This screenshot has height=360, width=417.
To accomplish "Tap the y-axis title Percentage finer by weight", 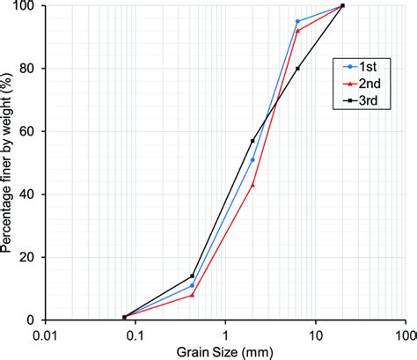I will click(x=8, y=163).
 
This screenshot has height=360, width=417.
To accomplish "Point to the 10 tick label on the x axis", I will click(x=316, y=334).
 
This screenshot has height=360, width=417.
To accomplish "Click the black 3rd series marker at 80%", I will click(x=297, y=69).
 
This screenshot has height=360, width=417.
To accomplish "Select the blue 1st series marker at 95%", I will click(x=297, y=21).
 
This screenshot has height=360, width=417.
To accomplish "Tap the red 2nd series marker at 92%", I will click(x=297, y=31).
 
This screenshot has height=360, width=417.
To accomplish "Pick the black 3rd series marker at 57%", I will click(x=252, y=141).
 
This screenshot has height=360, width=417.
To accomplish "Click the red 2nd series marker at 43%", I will click(x=252, y=185).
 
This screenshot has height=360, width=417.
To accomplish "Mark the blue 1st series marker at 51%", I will click(x=252, y=159).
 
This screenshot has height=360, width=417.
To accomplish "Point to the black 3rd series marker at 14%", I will click(x=192, y=276).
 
